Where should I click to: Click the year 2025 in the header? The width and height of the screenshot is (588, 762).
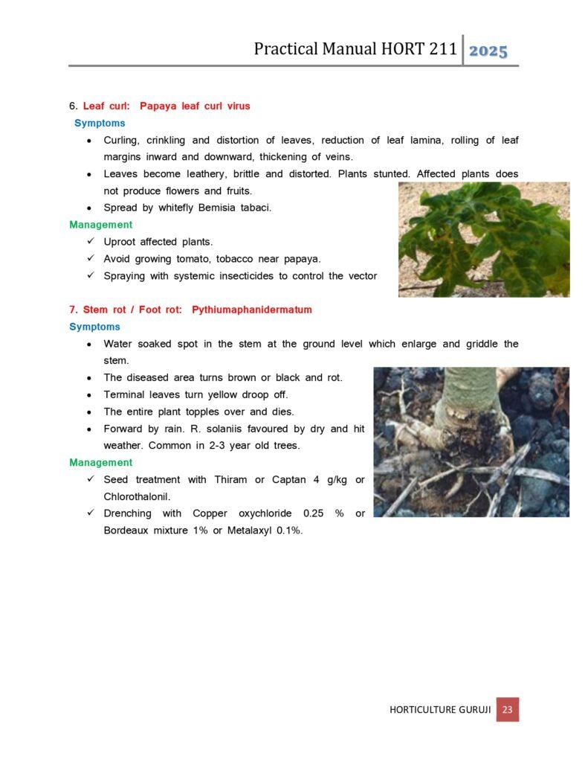coord(488,51)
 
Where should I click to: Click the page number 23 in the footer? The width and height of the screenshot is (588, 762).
coord(507,709)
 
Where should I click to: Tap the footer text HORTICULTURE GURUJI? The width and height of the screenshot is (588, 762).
coord(440,710)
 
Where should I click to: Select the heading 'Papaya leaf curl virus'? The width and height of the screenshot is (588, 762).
coord(195,106)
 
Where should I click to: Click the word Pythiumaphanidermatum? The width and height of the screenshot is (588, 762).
coord(252,310)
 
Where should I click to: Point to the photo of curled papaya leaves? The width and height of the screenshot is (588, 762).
coord(484,239)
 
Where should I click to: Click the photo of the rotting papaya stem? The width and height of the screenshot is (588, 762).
coord(471,441)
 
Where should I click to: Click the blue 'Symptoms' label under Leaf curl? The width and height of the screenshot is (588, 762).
coord(100,123)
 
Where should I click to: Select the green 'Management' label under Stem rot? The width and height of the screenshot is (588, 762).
coord(101,462)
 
